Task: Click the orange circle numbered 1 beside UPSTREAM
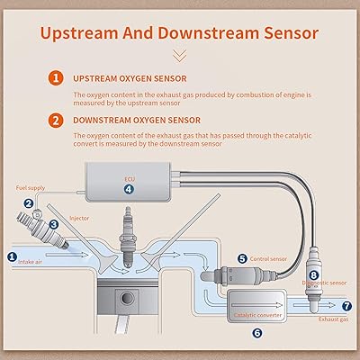pos(55,77)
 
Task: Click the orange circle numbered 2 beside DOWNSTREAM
pos(55,119)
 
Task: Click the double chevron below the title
pos(180,55)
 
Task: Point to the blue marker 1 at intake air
pos(12,256)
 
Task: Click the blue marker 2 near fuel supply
pos(28,203)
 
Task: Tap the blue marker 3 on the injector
pos(53,222)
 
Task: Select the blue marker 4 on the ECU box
pos(129,190)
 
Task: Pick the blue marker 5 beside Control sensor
pos(241,258)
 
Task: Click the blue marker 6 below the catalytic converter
pos(256,332)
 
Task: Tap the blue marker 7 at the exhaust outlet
pos(347,306)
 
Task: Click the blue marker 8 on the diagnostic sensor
pos(313,274)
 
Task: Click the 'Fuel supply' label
pos(30,187)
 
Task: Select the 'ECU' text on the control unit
pos(129,178)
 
